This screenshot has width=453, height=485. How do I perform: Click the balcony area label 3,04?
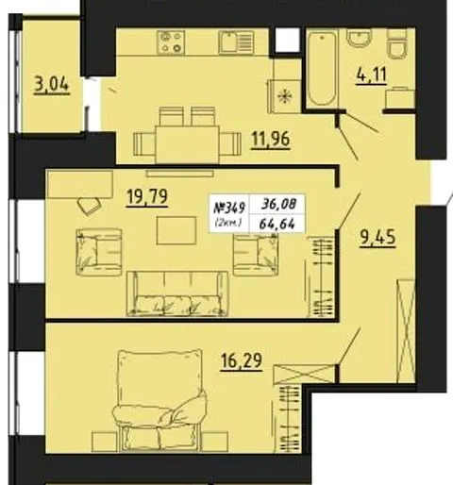coord(52,85)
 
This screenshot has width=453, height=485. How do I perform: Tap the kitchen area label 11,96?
coord(270,140)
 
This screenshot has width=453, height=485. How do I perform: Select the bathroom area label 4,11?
coord(371,75)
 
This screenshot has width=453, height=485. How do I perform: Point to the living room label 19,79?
coord(147,197)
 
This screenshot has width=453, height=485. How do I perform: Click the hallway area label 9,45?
coord(377,238)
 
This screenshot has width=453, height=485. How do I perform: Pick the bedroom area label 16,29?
coord(242,361)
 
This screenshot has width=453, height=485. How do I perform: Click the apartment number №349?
coord(229,208)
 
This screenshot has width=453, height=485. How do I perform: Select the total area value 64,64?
coord(277,224)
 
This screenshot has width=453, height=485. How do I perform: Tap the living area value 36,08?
coord(278,205)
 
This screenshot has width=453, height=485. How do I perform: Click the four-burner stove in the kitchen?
coord(171,42)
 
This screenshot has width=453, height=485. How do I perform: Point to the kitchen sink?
coord(236,42)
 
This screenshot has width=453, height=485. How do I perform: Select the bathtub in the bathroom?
coord(322,69)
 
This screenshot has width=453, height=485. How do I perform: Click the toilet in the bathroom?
coord(397,44)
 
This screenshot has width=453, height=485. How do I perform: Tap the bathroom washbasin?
coord(359,38)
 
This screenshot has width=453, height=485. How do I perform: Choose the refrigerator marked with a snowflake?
coord(284,96)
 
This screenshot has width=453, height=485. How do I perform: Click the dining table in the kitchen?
coord(187,144)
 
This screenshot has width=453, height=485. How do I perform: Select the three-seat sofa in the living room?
coord(177,293)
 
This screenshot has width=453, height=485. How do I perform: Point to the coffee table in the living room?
coord(176,230)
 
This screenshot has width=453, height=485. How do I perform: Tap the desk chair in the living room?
coord(90,206)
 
